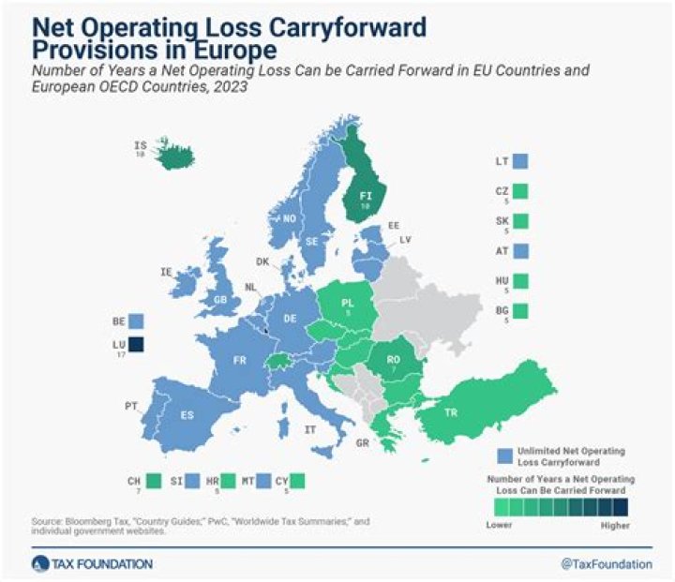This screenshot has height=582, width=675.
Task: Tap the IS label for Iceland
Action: (x=141, y=146)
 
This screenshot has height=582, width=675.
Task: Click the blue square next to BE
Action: (x=137, y=321)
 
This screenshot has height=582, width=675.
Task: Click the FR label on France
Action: (x=239, y=359)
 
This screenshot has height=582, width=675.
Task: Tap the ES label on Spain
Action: (x=187, y=414)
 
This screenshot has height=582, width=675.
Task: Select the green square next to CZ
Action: (x=521, y=191)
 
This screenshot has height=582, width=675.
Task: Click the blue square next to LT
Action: (x=521, y=161)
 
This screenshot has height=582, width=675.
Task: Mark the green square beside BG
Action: (x=521, y=311)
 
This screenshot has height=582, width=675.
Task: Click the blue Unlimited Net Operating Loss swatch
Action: (x=505, y=455)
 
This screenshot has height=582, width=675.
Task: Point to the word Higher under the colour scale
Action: (x=614, y=526)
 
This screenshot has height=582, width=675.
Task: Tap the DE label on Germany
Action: (x=290, y=319)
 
